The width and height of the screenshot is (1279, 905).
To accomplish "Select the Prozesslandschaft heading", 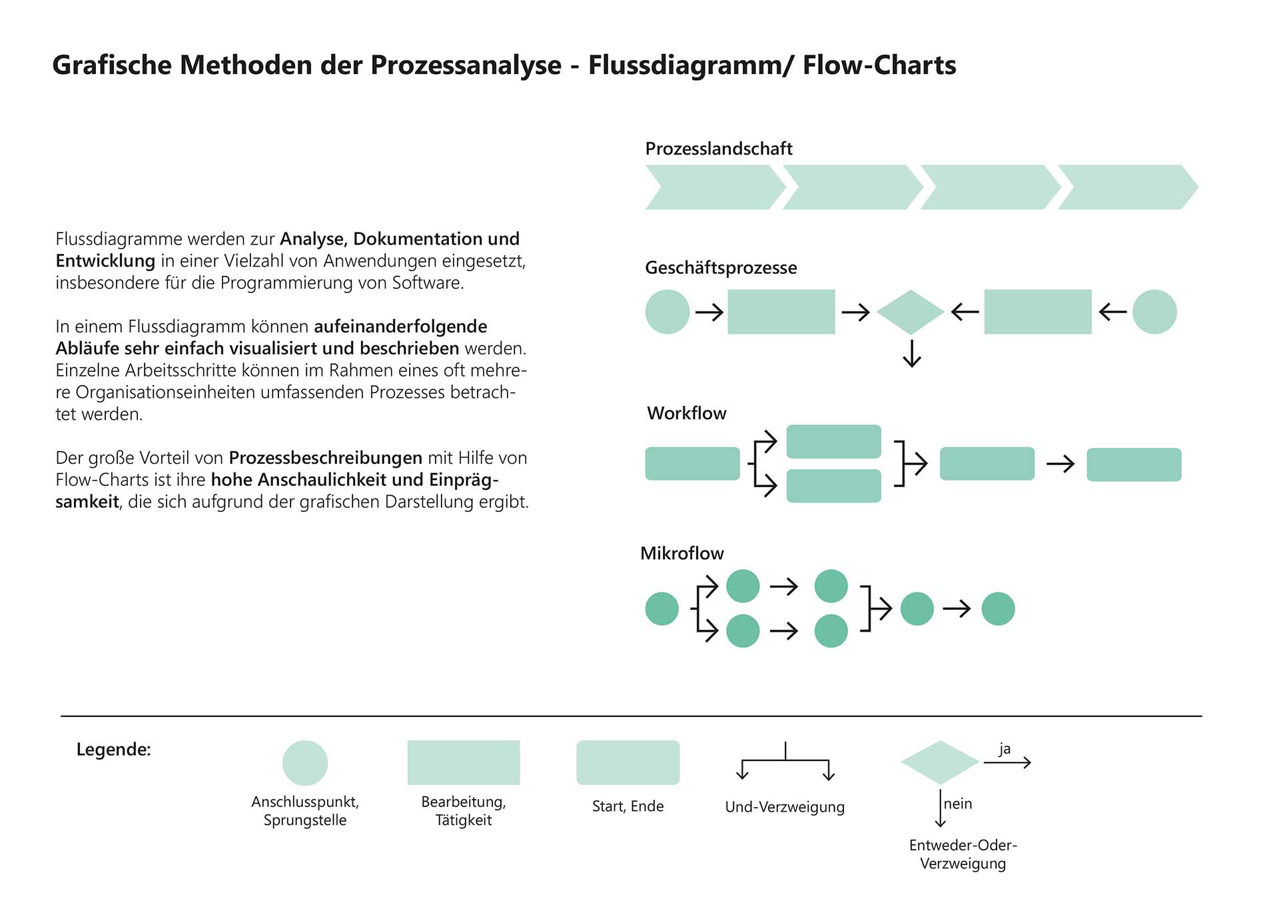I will coord(719,149).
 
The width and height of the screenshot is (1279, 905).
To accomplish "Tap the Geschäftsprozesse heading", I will coord(721,268).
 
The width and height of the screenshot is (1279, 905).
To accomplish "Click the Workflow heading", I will coord(686,413).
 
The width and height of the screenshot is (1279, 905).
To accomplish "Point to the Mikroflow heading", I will coord(681,553).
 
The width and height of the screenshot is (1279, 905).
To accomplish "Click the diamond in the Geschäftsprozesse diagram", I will coord(911,312).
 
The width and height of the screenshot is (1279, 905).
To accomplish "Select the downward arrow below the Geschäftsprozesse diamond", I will coord(911,353).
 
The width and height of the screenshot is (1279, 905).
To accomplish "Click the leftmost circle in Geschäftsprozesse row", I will coord(667,312).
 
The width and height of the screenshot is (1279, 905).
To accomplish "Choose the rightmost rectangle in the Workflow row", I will coord(1134,464).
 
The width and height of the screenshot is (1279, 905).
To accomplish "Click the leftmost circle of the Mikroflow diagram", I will coord(661,608).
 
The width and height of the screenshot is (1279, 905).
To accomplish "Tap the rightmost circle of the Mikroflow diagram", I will coord(998,608).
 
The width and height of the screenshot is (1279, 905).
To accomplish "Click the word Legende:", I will coord(113,750).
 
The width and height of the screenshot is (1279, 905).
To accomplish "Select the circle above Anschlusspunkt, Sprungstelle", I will coord(305,763).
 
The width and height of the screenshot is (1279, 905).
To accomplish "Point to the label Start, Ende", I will coord(628,806).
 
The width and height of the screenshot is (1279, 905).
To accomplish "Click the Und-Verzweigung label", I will coord(785,807).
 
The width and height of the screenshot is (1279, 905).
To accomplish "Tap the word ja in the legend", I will coord(1005,748).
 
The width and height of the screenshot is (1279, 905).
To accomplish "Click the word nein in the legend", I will coord(958,804).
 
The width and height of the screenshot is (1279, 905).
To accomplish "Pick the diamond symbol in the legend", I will coord(940,762).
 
